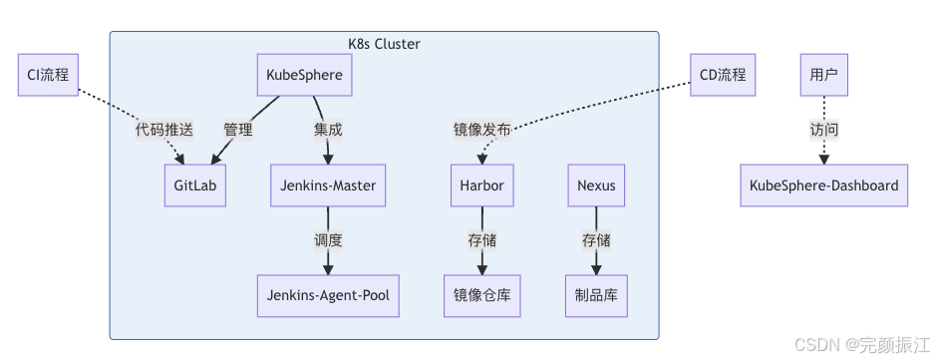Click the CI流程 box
(x=49, y=76)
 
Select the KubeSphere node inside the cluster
(x=305, y=76)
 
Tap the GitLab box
(x=195, y=185)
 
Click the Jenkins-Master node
(x=328, y=185)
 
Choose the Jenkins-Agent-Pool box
(x=328, y=295)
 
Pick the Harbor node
(x=482, y=185)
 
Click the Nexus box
(x=596, y=185)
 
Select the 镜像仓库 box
(x=482, y=295)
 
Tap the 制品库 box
(x=596, y=295)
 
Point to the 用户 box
(x=823, y=76)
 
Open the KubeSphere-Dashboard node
(x=823, y=185)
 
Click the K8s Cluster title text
(x=384, y=44)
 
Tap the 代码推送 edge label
(x=164, y=130)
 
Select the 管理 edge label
(x=238, y=130)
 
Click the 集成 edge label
(x=328, y=130)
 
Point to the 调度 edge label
(x=328, y=240)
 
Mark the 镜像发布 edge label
(x=482, y=130)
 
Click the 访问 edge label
(x=823, y=130)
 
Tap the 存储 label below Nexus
(x=596, y=240)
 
